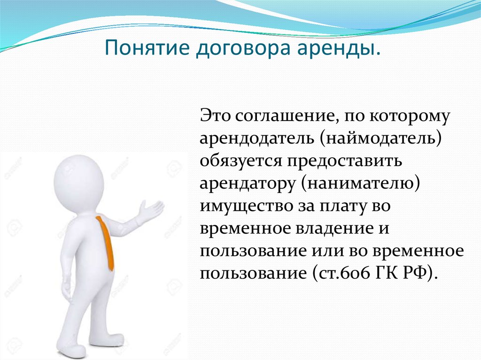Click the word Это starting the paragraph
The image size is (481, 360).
215,116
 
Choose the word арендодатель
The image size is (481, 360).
257,139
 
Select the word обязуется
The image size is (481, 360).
241,161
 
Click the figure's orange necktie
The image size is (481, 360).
106,243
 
